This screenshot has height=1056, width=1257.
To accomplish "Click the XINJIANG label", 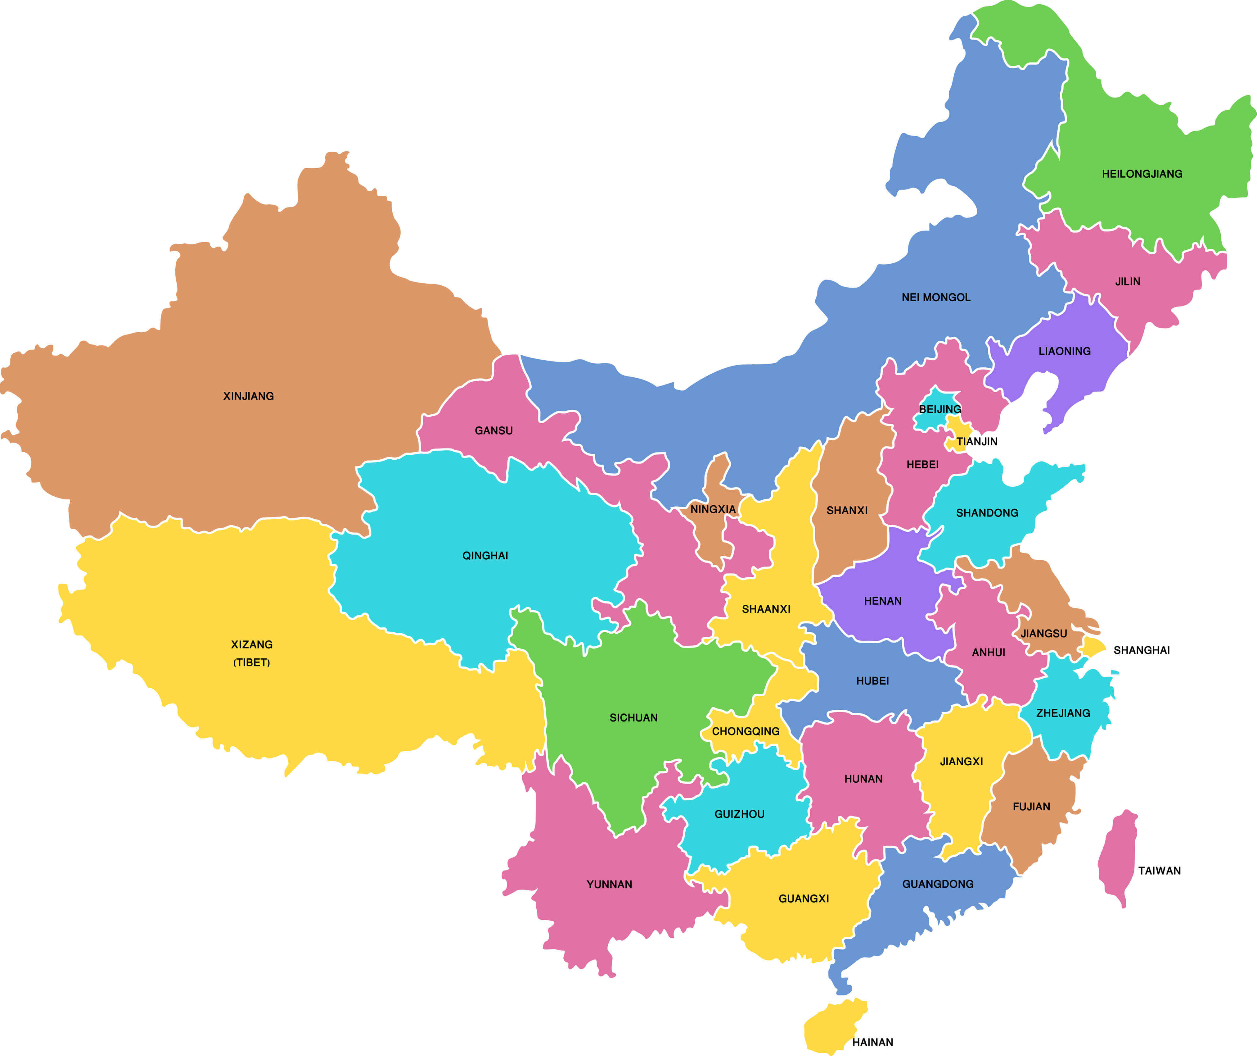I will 248,396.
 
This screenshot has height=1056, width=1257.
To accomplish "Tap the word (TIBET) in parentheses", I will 251,662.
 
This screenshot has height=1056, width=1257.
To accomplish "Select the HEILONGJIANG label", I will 1142,174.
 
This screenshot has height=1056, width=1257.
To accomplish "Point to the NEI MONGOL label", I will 936,297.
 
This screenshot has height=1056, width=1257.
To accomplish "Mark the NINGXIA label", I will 713,509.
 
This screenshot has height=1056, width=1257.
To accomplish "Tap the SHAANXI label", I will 766,609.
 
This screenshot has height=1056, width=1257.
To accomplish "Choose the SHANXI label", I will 847,510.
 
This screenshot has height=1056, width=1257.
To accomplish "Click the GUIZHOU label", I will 739,814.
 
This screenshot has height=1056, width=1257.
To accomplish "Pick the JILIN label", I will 1128,281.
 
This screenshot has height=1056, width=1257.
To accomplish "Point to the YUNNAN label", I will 609,884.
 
